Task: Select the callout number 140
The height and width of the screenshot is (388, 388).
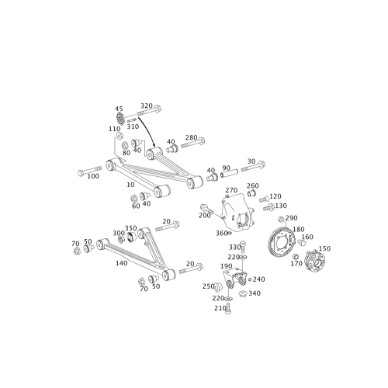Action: pyautogui.click(x=120, y=265)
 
